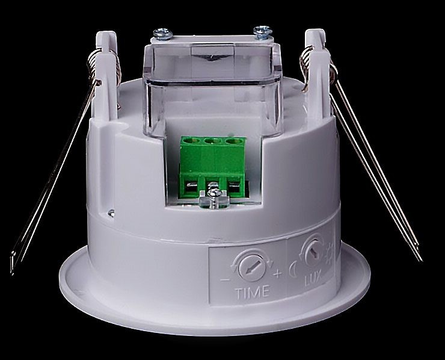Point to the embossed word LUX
click(x=311, y=280)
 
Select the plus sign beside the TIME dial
click(x=277, y=275)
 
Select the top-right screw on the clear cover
click(x=262, y=29)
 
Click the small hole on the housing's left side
click(x=111, y=211)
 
